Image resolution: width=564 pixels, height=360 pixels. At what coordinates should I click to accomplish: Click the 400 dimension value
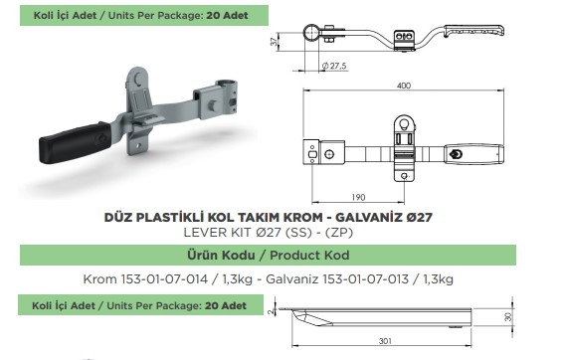pos(403,86)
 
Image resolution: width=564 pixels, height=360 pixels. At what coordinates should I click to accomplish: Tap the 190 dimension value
pos(358,197)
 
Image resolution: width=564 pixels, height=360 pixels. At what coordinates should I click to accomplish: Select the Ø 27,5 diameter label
pos(334,66)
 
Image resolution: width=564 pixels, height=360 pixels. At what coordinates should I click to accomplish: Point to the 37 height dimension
pos(275,42)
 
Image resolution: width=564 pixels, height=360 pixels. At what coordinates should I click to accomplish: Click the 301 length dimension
pos(385,340)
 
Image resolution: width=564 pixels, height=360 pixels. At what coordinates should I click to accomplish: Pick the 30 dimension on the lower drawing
pos(508,317)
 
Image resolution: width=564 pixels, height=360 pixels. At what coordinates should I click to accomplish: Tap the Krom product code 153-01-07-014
pos(164,279)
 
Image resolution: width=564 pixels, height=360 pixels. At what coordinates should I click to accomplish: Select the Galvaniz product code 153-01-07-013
pos(365,279)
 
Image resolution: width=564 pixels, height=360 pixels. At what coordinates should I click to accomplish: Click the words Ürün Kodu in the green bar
pos(221,255)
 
